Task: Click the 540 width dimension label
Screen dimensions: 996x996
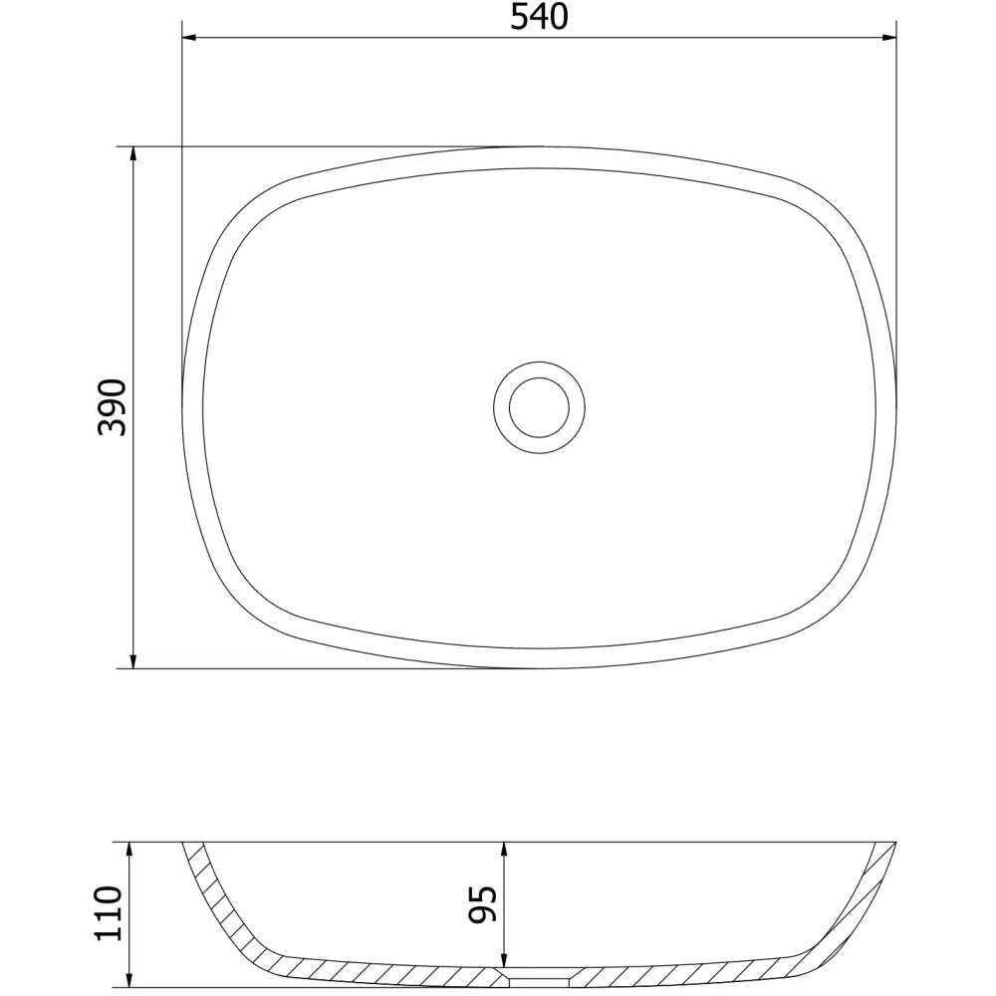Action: coord(539,17)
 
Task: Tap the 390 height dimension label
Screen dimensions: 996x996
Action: coord(113,406)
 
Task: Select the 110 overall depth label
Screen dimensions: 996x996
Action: coord(109,912)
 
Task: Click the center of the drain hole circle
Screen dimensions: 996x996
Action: coord(538,406)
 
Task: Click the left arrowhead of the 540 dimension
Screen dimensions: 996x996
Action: coord(189,39)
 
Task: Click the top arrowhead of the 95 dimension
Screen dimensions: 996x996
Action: coord(505,846)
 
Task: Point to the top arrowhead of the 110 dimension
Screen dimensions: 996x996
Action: coord(131,846)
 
